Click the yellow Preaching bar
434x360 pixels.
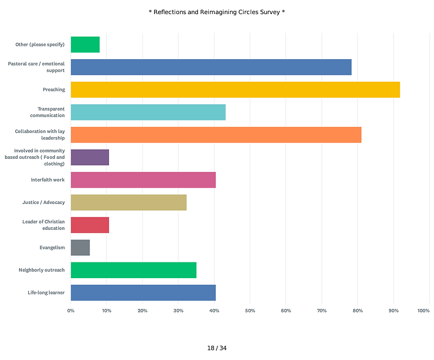(235, 89)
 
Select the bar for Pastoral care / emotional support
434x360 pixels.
(211, 67)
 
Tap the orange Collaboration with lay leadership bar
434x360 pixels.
(216, 135)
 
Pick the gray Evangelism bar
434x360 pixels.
(80, 248)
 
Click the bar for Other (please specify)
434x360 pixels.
(85, 44)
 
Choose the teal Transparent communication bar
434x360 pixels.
(148, 112)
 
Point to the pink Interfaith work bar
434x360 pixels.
(143, 180)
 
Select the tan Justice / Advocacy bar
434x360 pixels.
(129, 203)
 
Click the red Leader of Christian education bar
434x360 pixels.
(90, 225)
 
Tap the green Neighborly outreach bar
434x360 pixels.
(133, 270)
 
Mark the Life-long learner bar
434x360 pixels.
(143, 293)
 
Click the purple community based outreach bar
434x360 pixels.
(90, 157)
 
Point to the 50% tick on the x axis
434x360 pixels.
(250, 311)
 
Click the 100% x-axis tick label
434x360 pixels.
(424, 311)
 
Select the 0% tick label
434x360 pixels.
(71, 311)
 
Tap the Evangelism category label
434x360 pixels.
(52, 248)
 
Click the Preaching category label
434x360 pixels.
(54, 89)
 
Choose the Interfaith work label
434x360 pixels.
(48, 180)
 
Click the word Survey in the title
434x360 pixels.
(270, 12)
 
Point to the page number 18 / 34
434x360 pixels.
(217, 348)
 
